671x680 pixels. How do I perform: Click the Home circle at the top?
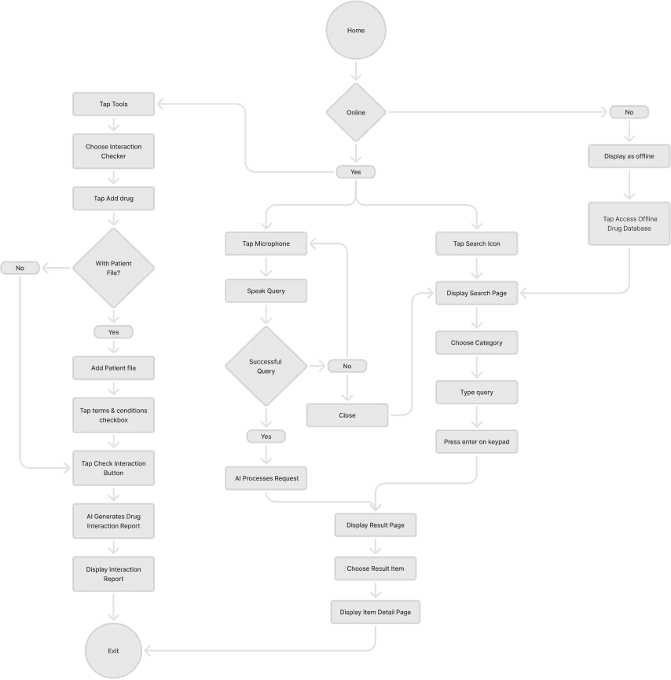point(356,31)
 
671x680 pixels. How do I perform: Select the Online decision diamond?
point(356,112)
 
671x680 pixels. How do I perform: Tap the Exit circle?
point(113,650)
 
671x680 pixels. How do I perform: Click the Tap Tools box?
point(113,104)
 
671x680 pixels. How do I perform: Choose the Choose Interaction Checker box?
point(113,151)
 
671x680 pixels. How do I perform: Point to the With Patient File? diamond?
point(113,268)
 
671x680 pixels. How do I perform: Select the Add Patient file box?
point(113,367)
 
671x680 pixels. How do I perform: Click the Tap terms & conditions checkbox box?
point(113,415)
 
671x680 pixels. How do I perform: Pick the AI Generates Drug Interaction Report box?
point(113,521)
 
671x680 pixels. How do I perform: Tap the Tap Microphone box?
point(266,243)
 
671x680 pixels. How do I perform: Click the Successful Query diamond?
point(266,366)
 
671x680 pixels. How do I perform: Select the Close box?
point(346,415)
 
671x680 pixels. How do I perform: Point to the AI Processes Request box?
point(266,478)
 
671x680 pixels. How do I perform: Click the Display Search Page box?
point(476,293)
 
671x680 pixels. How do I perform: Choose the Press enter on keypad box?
point(476,442)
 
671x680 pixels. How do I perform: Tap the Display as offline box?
point(629,156)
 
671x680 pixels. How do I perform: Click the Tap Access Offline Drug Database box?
point(629,224)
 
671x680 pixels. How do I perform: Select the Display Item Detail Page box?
point(375,612)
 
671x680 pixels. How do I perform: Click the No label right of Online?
point(629,112)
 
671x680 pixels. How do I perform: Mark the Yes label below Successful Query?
point(266,436)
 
